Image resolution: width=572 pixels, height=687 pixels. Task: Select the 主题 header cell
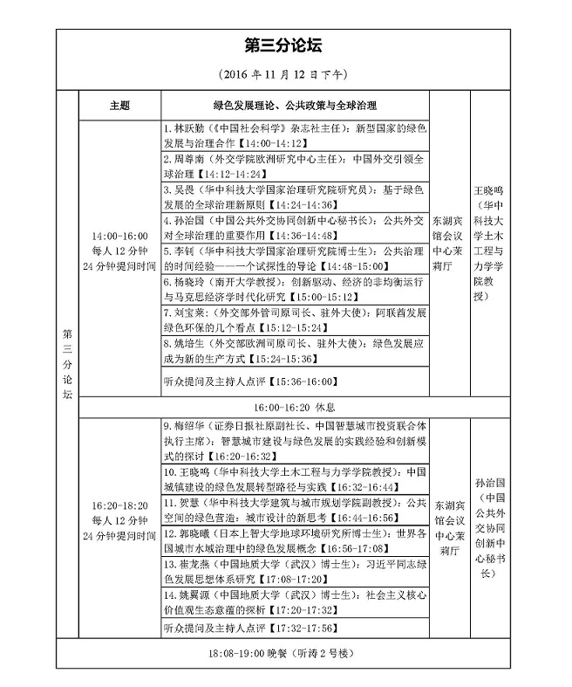[x=119, y=105]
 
